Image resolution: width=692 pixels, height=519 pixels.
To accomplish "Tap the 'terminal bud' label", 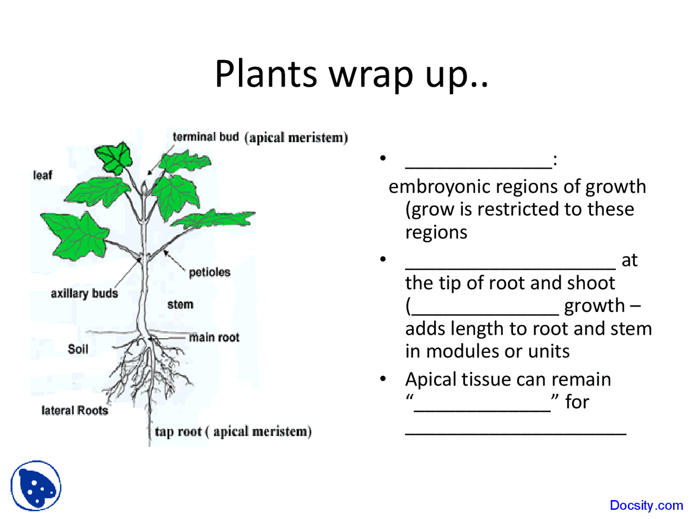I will coord(205,137).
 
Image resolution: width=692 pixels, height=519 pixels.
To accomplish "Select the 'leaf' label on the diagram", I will coord(43,175).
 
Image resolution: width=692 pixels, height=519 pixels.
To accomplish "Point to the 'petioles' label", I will coord(210,272).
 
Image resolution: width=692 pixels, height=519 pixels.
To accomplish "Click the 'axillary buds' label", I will coord(84,293).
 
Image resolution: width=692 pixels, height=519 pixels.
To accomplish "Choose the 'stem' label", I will coord(180,304).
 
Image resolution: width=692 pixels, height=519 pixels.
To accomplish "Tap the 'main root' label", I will coord(214,337).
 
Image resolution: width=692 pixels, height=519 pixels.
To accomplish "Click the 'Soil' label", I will coord(78,349).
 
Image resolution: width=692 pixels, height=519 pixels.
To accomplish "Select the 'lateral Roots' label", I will coord(75,410).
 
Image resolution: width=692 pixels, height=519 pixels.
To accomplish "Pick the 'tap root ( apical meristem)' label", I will coord(233,431).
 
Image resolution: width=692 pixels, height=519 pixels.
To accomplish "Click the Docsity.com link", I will coord(646,505).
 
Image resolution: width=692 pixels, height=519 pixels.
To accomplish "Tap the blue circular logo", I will coord(36,485).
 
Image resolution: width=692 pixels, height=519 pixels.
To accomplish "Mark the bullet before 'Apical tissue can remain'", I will coord(383,379).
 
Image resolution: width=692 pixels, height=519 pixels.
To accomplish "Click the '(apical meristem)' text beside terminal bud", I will coord(296,137).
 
